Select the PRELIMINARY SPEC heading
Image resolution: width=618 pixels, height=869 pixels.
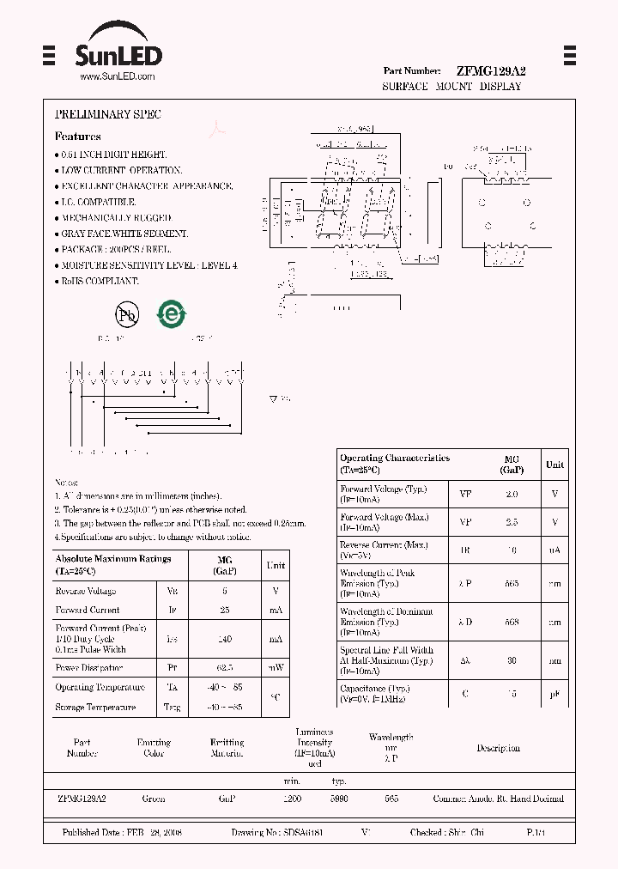point(107,114)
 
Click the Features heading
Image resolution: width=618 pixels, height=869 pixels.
point(77,137)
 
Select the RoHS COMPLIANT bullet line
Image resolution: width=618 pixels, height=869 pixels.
point(99,281)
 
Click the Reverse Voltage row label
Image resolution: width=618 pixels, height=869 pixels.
point(85,592)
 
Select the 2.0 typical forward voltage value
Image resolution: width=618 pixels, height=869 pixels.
point(512,495)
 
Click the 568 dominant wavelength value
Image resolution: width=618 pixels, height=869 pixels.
point(512,623)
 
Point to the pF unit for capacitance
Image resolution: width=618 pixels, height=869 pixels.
point(554,694)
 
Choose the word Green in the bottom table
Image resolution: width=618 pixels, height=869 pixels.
point(154,799)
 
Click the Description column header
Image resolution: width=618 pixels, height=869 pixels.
point(498,749)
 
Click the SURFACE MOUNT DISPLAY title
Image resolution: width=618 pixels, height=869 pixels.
point(451,88)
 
